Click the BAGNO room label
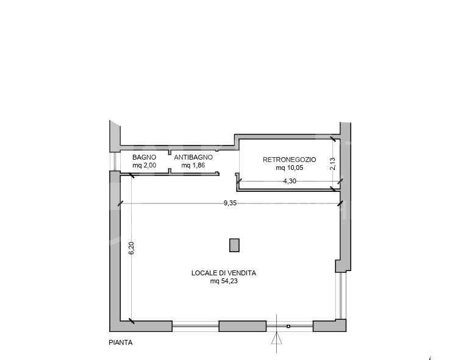144,157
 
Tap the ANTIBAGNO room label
193,157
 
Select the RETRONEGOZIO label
289,160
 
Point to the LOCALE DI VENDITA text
224,273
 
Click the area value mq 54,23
224,281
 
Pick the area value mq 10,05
289,168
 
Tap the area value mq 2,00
144,165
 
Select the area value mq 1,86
193,165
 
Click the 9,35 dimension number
230,203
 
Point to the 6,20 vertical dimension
132,248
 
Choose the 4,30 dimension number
290,181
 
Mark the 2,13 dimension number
332,164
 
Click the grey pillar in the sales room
234,245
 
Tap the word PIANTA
121,343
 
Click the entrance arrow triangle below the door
276,338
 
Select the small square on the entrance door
288,326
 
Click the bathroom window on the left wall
115,161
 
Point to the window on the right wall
341,295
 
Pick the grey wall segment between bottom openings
243,326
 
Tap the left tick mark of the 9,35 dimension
120,203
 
